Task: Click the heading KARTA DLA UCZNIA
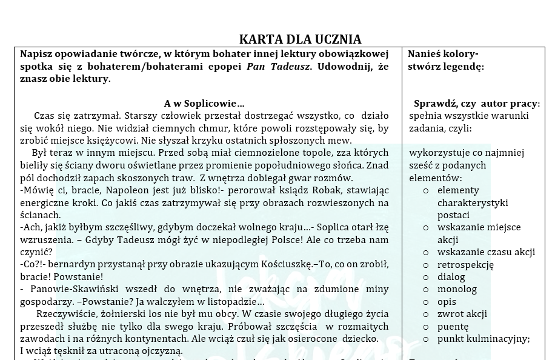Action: click(300, 39)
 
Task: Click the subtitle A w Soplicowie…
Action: click(204, 104)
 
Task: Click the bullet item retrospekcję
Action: click(465, 264)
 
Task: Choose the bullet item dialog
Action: click(451, 277)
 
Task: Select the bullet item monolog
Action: click(457, 289)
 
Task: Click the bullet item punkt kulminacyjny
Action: click(484, 339)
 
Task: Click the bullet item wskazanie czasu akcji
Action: click(486, 252)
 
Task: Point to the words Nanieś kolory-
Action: click(443, 53)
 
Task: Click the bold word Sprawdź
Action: click(434, 104)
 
